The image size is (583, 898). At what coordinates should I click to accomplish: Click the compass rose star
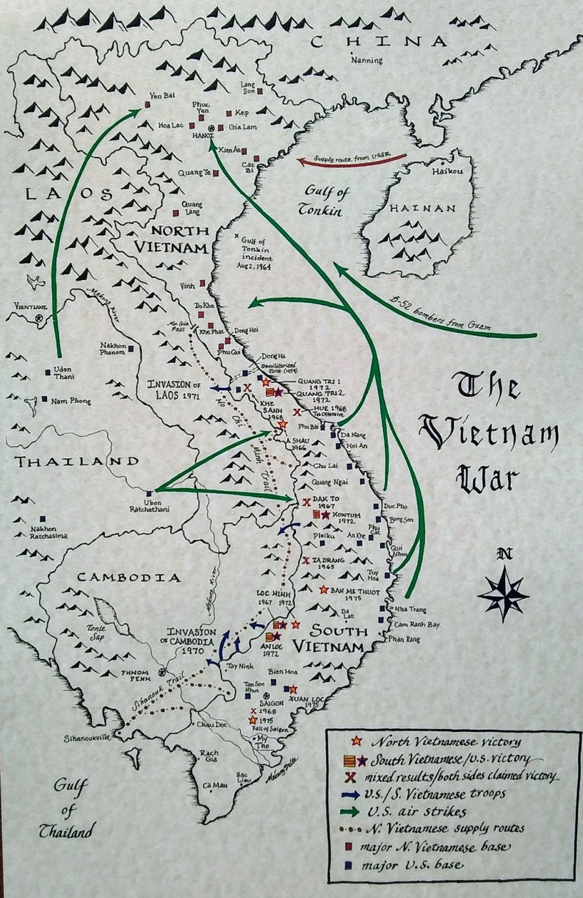pos(503,592)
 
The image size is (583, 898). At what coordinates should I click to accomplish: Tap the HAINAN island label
pos(423,209)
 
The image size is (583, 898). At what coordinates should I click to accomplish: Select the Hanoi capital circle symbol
pos(211,129)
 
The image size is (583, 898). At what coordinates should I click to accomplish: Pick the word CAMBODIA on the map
pos(128,578)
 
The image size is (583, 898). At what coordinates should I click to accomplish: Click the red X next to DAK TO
pos(305,503)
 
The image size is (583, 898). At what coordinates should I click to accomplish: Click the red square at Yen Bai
pos(147,104)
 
